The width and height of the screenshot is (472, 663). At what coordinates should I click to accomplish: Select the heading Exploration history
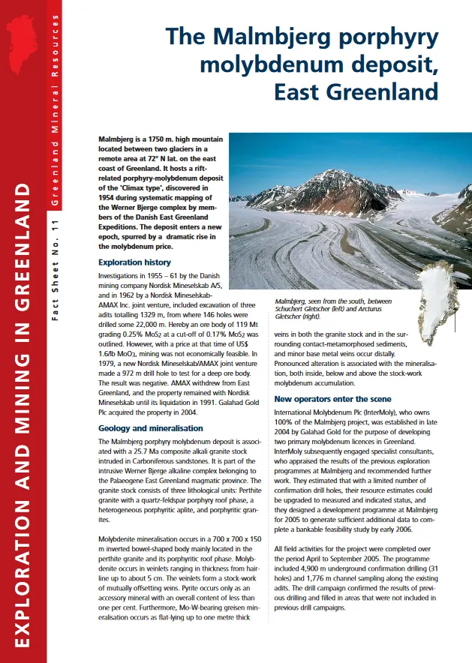(x=134, y=263)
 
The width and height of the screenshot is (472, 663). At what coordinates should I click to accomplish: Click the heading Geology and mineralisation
(x=151, y=429)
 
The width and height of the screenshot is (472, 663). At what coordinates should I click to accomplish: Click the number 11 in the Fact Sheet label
(x=56, y=229)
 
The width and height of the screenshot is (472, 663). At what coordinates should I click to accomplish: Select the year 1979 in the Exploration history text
(x=110, y=363)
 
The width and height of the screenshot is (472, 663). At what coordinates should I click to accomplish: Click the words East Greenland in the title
(x=356, y=92)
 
